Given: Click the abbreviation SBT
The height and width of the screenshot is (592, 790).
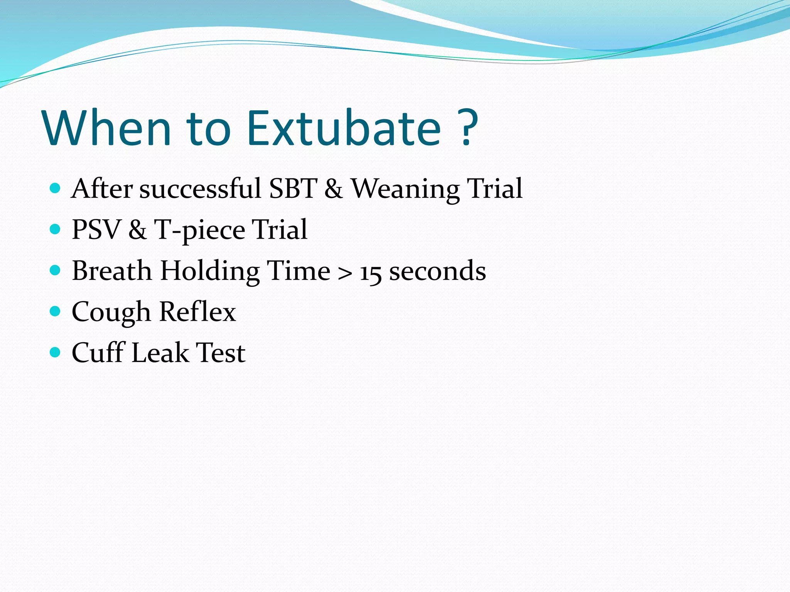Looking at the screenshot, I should pos(293,189).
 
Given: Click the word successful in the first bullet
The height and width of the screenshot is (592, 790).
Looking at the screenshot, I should pos(200,189).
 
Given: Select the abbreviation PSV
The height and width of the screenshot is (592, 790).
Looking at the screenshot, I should pos(96,230).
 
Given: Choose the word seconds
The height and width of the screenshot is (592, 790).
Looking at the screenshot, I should pos(437,271).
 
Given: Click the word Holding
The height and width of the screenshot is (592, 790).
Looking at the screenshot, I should pos(210,271).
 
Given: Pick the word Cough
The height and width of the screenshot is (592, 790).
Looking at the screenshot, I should pos(111,313).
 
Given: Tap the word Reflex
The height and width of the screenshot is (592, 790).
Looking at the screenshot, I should pos(197,312).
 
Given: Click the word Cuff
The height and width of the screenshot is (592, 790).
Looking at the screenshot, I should pos(98,353).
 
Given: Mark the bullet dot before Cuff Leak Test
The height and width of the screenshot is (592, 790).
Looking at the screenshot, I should pos(56,352).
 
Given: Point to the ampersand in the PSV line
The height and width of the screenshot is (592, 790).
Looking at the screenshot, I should pos(138,230).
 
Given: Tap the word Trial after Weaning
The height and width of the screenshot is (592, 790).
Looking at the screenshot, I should pos(495,189).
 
